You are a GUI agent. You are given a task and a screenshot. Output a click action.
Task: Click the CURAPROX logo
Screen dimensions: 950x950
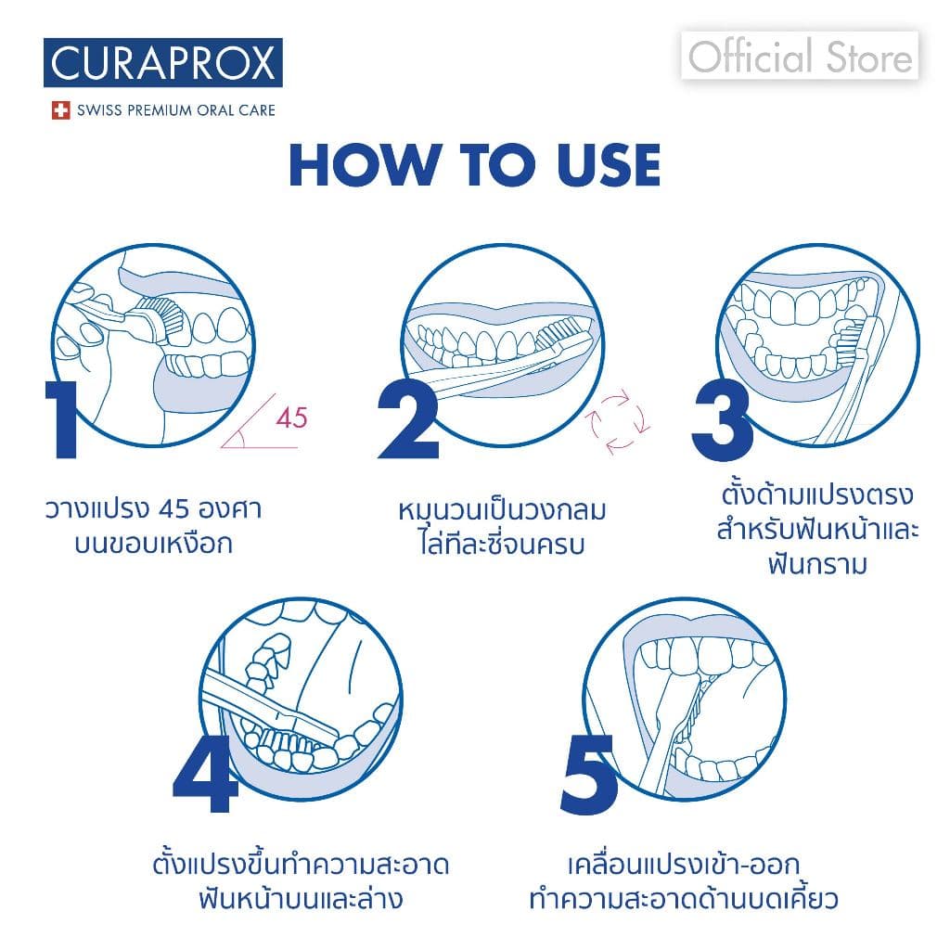pos(162,63)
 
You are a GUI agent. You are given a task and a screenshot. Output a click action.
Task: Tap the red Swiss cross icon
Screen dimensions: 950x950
pos(61,110)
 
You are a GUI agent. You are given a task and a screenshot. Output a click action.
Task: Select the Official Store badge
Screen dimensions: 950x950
pos(800,58)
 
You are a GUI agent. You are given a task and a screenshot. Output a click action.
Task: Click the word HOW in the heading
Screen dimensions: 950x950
pos(362,166)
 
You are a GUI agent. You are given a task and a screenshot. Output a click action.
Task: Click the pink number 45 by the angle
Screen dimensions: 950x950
pos(291,417)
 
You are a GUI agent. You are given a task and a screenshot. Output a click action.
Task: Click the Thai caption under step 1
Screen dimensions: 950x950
pos(153,526)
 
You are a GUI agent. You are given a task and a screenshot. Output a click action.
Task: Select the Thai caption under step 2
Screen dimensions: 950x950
pos(502,526)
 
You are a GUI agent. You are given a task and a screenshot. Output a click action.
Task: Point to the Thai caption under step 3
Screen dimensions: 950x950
pos(817,527)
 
